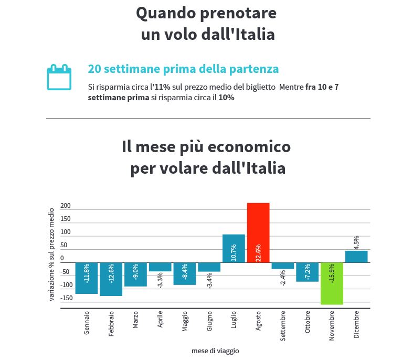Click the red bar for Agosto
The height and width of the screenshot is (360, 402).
click(258, 232)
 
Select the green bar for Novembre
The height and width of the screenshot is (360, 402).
click(332, 283)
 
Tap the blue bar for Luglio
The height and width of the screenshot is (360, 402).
click(234, 248)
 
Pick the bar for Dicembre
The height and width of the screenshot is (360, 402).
click(356, 257)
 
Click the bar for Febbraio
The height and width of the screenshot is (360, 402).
click(111, 279)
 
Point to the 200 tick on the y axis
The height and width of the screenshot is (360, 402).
click(66, 206)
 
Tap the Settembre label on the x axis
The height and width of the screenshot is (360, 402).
click(283, 326)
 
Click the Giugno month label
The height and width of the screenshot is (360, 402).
click(209, 322)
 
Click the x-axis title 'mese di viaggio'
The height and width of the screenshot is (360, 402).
click(215, 351)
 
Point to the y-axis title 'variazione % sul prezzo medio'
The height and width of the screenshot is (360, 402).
click(51, 254)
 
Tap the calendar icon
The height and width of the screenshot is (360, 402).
click(59, 77)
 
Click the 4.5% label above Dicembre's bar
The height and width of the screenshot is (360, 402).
click(356, 242)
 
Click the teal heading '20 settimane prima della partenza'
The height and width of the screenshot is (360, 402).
click(183, 69)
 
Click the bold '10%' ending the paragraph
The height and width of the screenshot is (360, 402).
click(226, 98)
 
